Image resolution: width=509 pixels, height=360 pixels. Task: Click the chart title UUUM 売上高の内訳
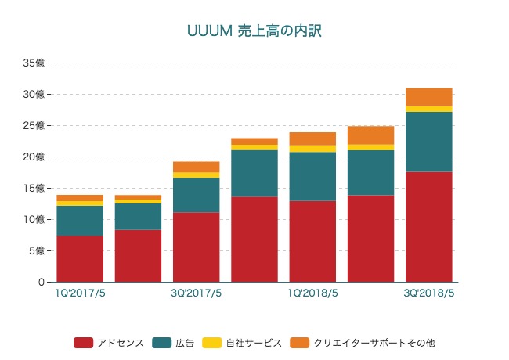(254, 31)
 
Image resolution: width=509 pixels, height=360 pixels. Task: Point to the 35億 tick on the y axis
(34, 63)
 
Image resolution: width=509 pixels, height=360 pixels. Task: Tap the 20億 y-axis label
(34, 157)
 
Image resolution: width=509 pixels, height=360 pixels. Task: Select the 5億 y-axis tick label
(37, 250)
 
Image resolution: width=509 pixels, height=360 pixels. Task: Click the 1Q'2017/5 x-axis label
(79, 293)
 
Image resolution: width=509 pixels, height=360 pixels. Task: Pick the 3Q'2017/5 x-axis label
(196, 293)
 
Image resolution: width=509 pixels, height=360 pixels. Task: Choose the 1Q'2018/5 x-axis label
(312, 293)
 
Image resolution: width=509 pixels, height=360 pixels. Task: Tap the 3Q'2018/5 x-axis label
(428, 293)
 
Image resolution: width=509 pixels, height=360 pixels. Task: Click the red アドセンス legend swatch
(83, 343)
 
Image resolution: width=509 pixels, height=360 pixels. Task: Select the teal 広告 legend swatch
(162, 343)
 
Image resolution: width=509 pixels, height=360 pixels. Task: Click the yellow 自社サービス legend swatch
(212, 343)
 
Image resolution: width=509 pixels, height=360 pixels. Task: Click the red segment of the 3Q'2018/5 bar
(428, 227)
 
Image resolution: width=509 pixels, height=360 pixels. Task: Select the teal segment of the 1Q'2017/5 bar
(80, 221)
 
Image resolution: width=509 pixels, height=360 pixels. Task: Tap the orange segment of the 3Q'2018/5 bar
(428, 96)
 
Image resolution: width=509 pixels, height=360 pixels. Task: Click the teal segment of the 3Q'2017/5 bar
(196, 195)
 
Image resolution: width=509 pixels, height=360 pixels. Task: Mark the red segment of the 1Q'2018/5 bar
(312, 241)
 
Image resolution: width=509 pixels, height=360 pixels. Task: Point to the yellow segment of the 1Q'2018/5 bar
(312, 149)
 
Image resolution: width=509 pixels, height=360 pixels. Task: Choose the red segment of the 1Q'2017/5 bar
(80, 258)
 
